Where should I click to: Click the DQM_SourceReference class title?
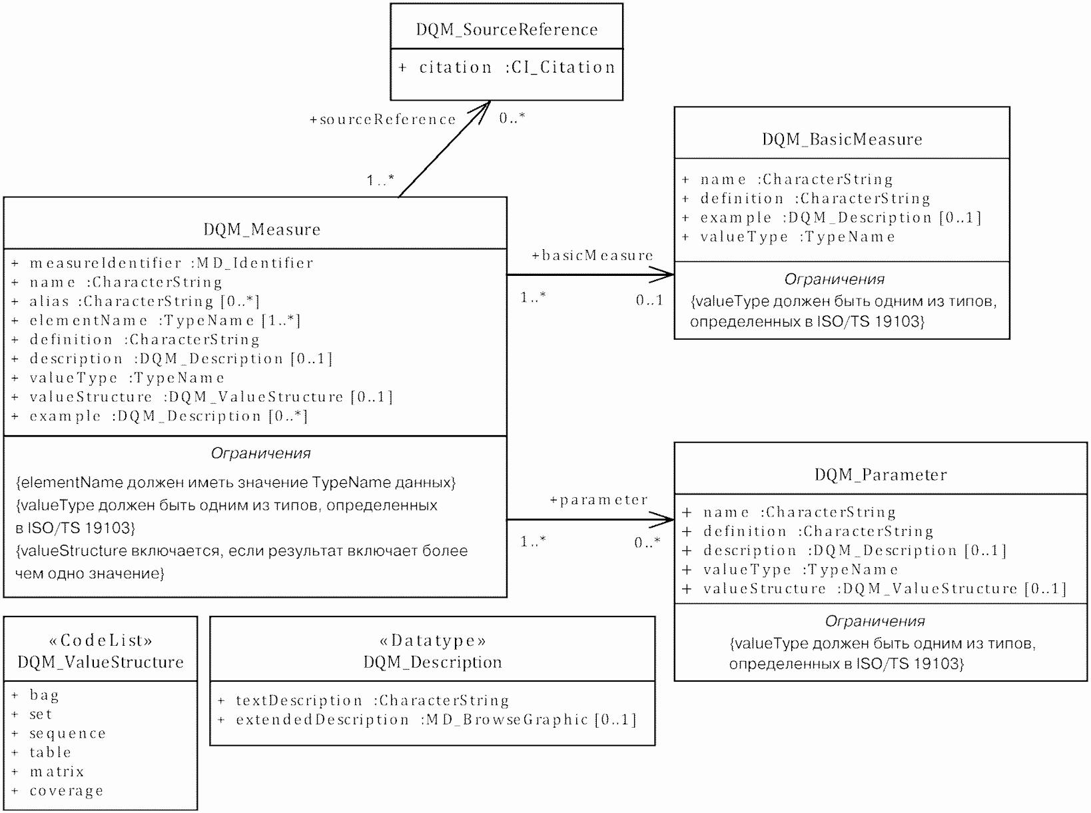[x=507, y=29]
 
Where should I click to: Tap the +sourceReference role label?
[x=383, y=119]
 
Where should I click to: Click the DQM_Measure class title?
[x=262, y=229]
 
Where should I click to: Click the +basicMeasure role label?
[x=592, y=255]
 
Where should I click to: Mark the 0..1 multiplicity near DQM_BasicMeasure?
[x=649, y=300]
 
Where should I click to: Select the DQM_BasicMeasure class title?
[x=842, y=139]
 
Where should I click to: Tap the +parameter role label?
[x=598, y=500]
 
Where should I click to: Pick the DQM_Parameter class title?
[x=881, y=474]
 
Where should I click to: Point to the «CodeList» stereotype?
[x=101, y=640]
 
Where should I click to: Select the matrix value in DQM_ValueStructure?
[x=57, y=772]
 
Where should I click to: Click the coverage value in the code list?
[x=66, y=791]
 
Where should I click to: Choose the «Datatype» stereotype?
[x=432, y=640]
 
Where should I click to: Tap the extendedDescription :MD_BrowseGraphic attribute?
[x=436, y=720]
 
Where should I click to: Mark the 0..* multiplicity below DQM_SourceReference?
[x=512, y=118]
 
